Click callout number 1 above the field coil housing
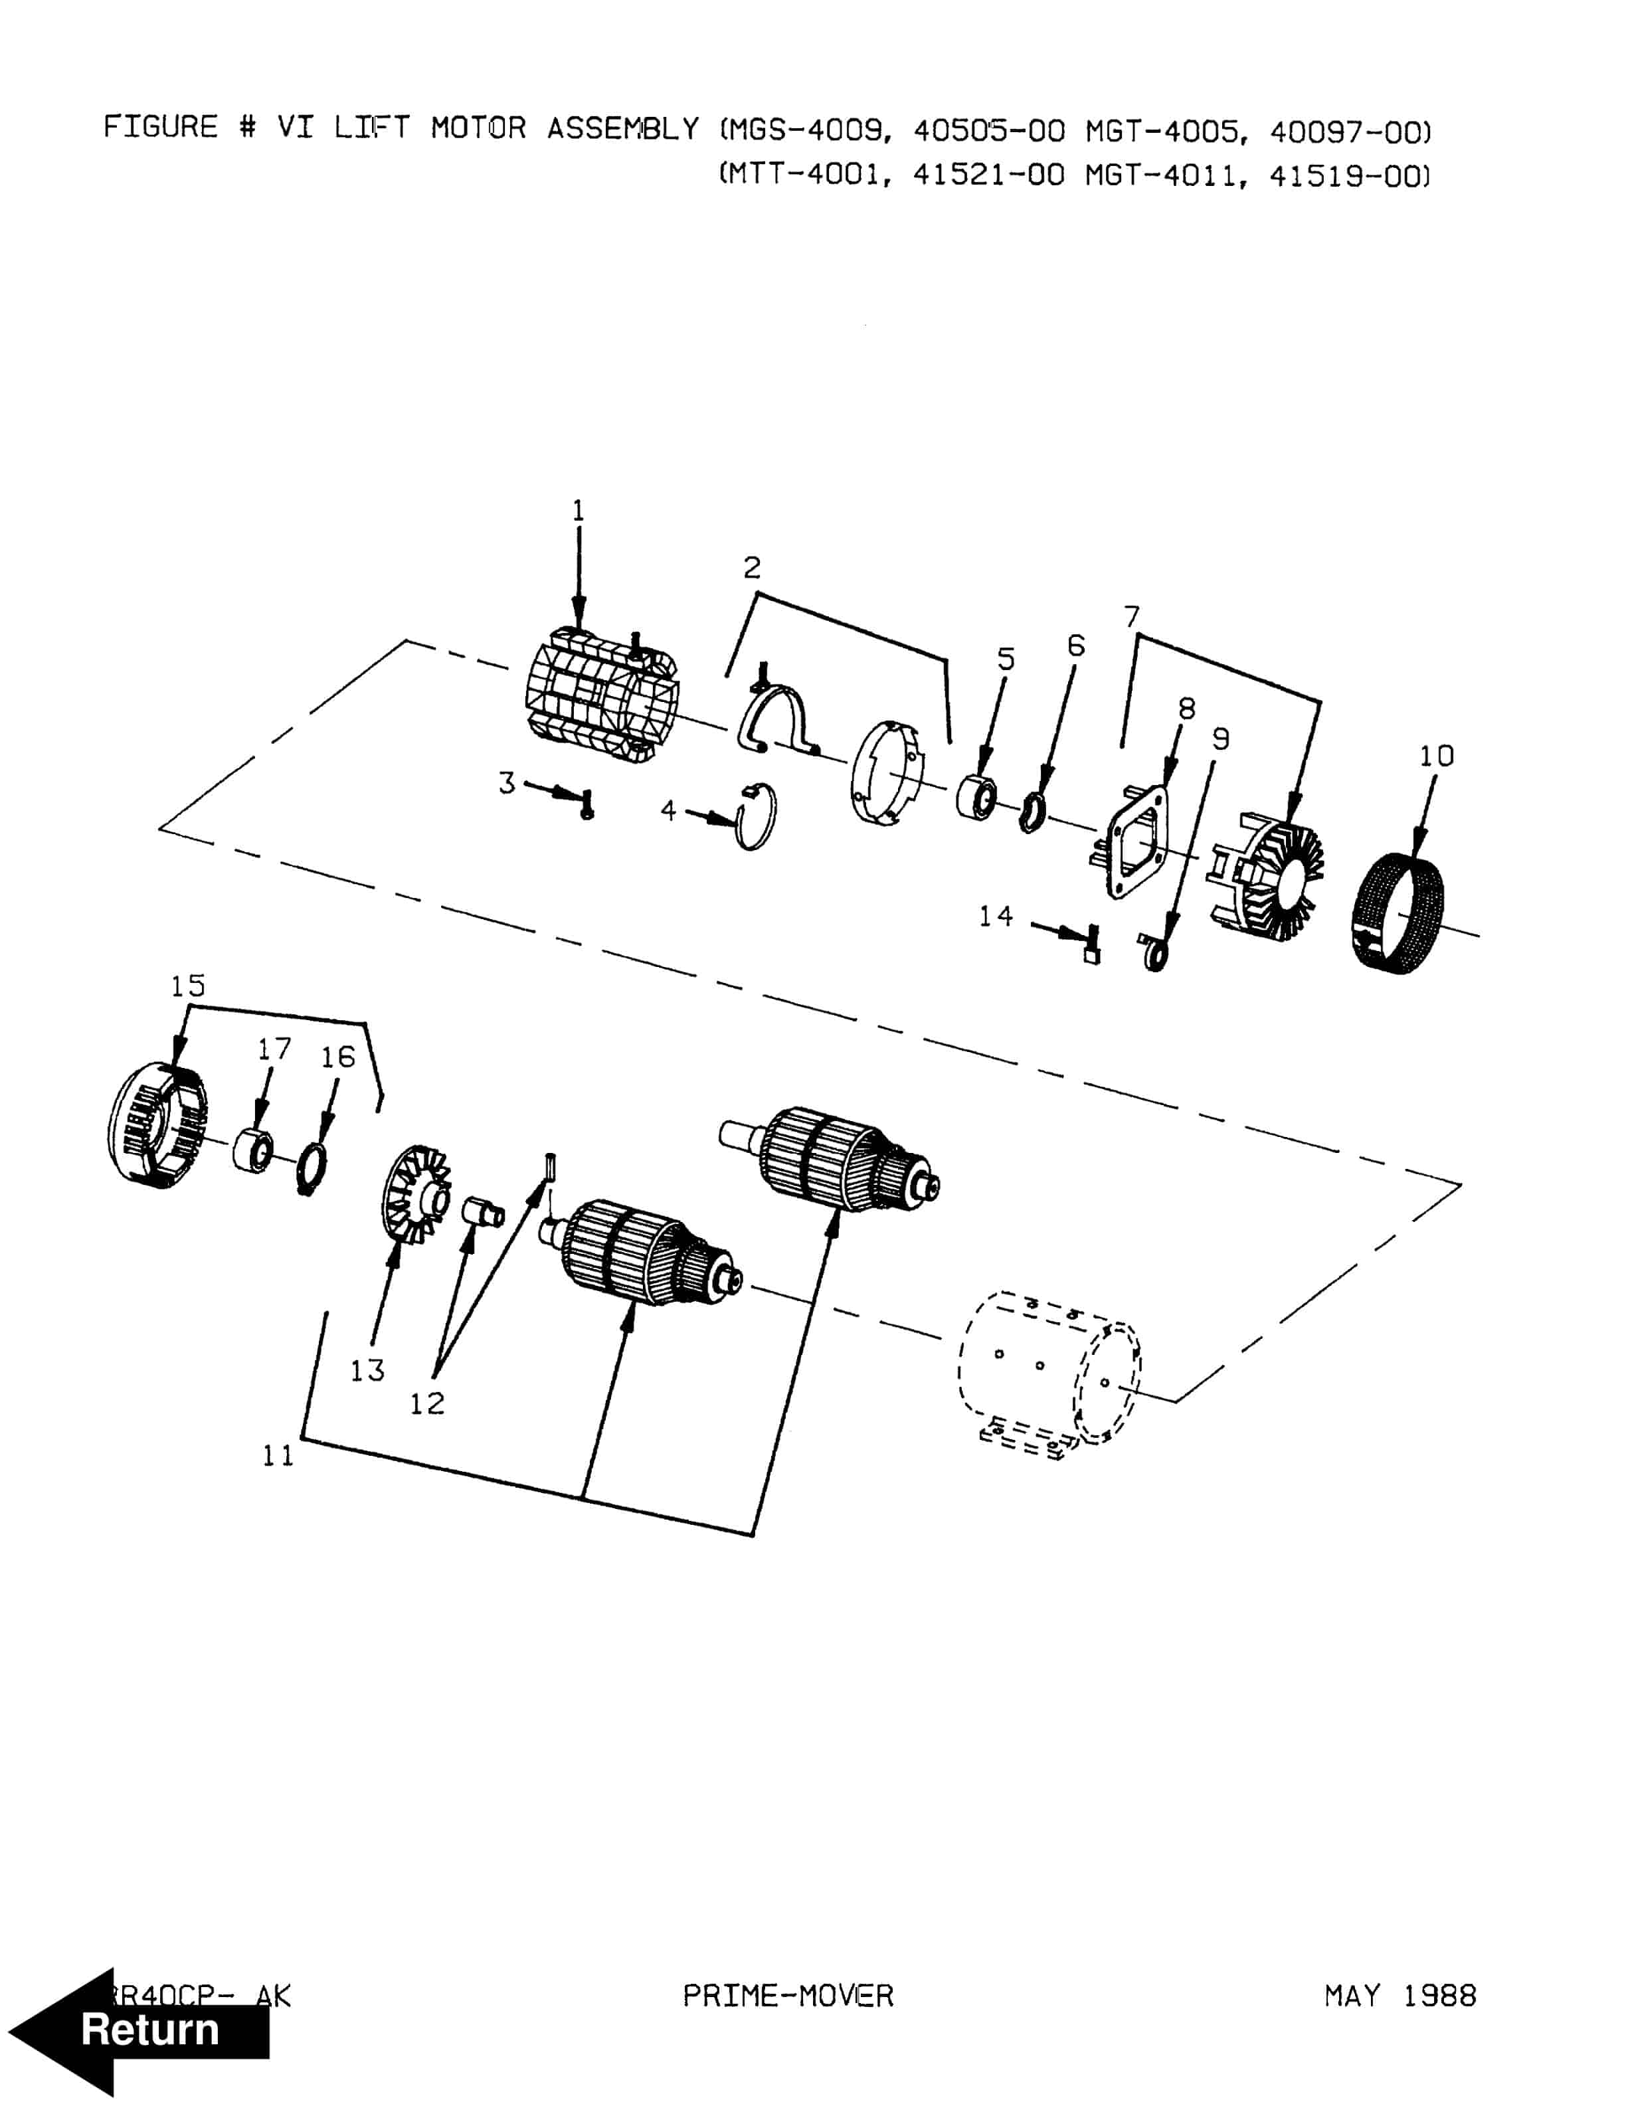point(578,511)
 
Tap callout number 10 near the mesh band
point(1436,756)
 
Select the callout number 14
point(996,916)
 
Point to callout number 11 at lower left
point(278,1456)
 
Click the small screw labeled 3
point(586,802)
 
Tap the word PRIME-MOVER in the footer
point(788,1994)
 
